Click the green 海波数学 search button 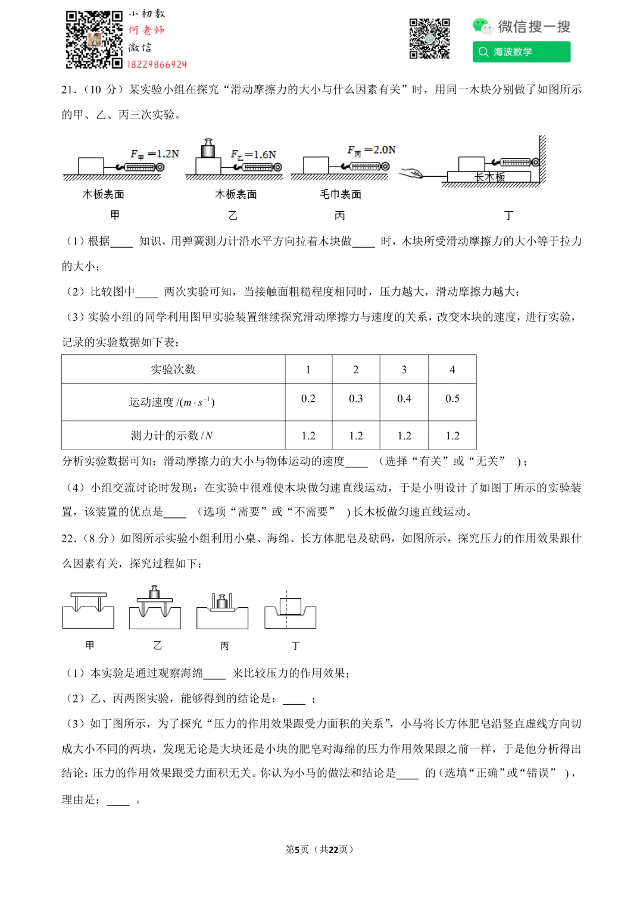(x=522, y=52)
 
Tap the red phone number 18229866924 (x=158, y=64)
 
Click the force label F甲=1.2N (x=155, y=154)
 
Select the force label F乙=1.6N (x=254, y=155)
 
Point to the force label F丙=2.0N (x=372, y=150)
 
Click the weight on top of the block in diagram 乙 (x=208, y=148)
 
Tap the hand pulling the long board (x=411, y=173)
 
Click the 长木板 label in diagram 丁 (x=489, y=177)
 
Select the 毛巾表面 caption (x=341, y=195)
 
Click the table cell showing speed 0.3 (x=356, y=399)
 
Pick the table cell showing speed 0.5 (x=452, y=399)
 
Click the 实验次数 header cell (x=173, y=370)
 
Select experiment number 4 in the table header (x=452, y=370)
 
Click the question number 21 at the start (x=69, y=90)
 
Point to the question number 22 (x=69, y=539)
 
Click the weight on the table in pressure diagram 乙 (x=155, y=592)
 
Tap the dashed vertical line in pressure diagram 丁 (x=286, y=608)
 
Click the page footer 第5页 (x=297, y=849)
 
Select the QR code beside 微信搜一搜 (x=429, y=39)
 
